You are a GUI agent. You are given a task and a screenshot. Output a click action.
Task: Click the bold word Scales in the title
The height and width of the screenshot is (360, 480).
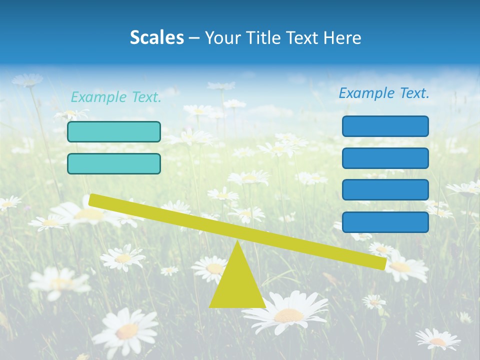(156, 38)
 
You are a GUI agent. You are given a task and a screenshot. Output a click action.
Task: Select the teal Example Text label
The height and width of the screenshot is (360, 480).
(116, 97)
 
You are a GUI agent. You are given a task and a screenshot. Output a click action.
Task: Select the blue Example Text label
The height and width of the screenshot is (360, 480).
(384, 93)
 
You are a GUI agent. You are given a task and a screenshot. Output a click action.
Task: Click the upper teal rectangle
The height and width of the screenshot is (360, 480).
(114, 132)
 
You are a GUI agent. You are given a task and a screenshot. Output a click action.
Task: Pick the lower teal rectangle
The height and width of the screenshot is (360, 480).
(114, 164)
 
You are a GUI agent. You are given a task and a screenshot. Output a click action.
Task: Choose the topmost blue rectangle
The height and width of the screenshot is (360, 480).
(385, 126)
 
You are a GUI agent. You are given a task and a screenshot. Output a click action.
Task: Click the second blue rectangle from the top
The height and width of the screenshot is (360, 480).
(385, 158)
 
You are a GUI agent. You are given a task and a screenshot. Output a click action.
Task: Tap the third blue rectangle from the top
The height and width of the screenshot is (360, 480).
(385, 190)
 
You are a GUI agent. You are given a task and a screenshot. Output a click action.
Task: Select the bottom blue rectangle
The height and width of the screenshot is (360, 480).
(385, 222)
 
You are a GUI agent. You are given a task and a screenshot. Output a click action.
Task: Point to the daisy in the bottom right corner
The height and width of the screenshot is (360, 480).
(438, 340)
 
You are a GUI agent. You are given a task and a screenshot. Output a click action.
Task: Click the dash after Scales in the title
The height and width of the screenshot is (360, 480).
(194, 38)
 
